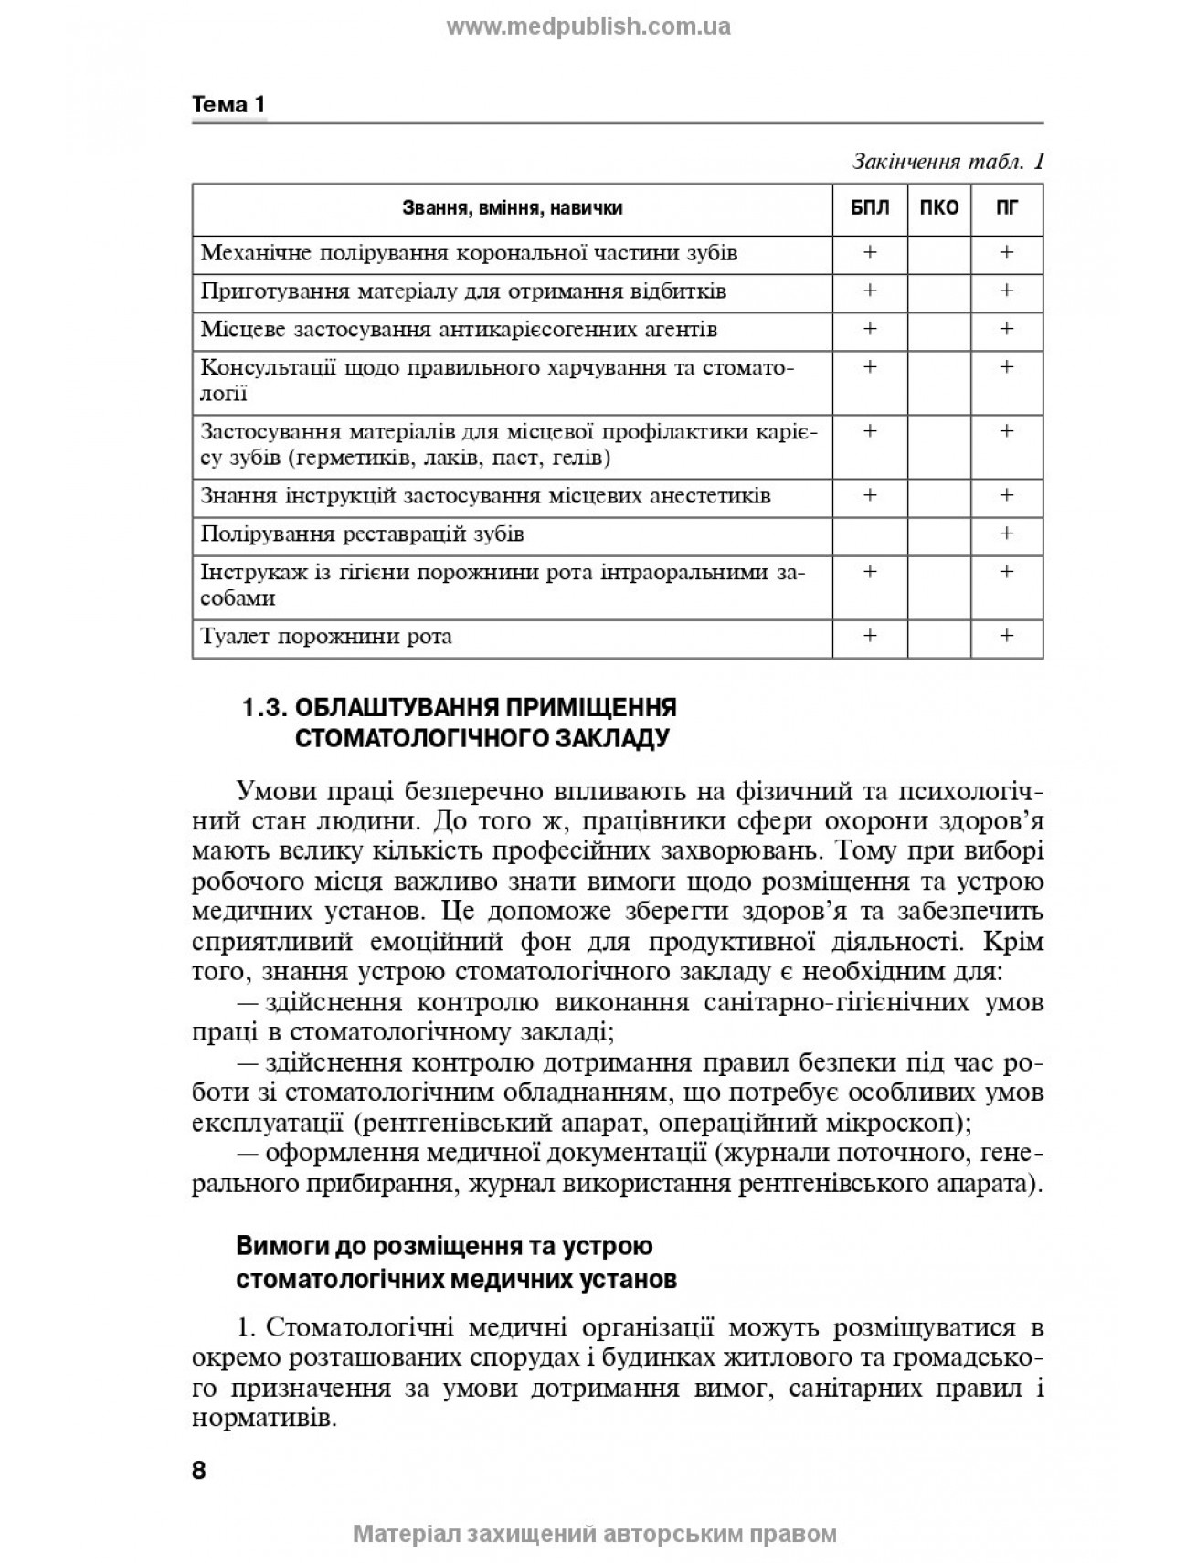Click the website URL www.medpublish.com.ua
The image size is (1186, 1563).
click(x=588, y=26)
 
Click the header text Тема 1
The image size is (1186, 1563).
click(x=228, y=105)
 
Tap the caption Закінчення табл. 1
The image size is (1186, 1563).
click(x=948, y=163)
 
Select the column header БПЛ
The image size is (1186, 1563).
click(x=870, y=208)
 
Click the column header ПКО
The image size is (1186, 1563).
click(x=938, y=208)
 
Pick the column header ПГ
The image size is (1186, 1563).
click(x=1006, y=208)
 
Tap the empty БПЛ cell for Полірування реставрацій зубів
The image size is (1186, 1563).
click(x=870, y=533)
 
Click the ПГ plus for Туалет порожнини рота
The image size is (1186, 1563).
click(x=1006, y=636)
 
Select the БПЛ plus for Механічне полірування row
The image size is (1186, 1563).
click(x=870, y=252)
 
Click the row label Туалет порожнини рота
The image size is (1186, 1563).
click(x=326, y=637)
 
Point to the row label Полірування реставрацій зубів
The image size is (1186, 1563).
click(x=362, y=533)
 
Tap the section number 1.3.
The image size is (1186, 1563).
click(x=264, y=708)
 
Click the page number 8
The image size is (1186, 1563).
click(x=199, y=1471)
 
